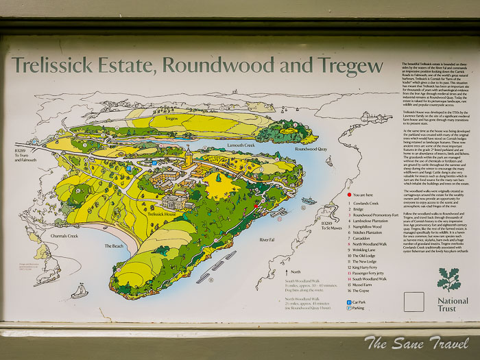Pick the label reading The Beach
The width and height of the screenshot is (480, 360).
(115, 245)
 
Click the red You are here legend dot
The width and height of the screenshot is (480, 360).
(350, 195)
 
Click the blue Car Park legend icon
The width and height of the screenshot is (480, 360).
(349, 302)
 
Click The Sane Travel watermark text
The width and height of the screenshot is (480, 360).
(417, 343)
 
